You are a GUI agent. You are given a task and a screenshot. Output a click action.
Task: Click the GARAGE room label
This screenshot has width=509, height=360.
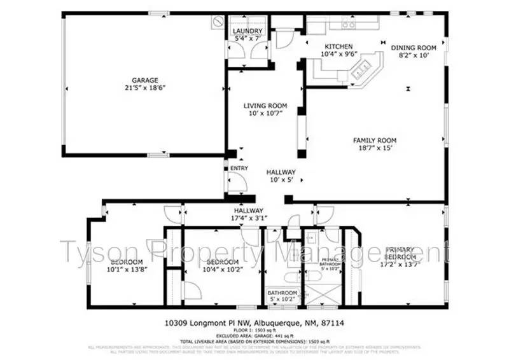145,80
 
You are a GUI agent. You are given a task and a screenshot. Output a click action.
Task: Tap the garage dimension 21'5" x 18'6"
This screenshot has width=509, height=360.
145,88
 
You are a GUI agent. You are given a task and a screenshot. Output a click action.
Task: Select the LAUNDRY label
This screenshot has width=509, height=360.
248,31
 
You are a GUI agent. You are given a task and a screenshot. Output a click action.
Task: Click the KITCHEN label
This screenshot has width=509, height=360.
339,46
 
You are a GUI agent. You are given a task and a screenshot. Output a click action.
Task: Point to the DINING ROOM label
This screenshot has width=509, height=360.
413,48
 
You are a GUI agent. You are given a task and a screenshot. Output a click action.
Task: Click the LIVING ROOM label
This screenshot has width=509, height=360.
265,106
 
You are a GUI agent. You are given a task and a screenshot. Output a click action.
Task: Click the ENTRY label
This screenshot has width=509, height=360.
239,169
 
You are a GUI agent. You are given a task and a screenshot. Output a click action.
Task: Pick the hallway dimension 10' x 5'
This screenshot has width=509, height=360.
281,180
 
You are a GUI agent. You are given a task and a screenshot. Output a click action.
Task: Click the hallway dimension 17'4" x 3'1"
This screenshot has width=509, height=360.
248,218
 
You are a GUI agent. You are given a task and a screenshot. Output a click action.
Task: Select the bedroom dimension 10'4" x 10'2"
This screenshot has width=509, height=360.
222,270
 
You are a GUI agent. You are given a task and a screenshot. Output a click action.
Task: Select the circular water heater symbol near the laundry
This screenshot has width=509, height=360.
217,21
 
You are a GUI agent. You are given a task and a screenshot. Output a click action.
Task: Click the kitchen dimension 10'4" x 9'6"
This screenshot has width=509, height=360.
339,54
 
